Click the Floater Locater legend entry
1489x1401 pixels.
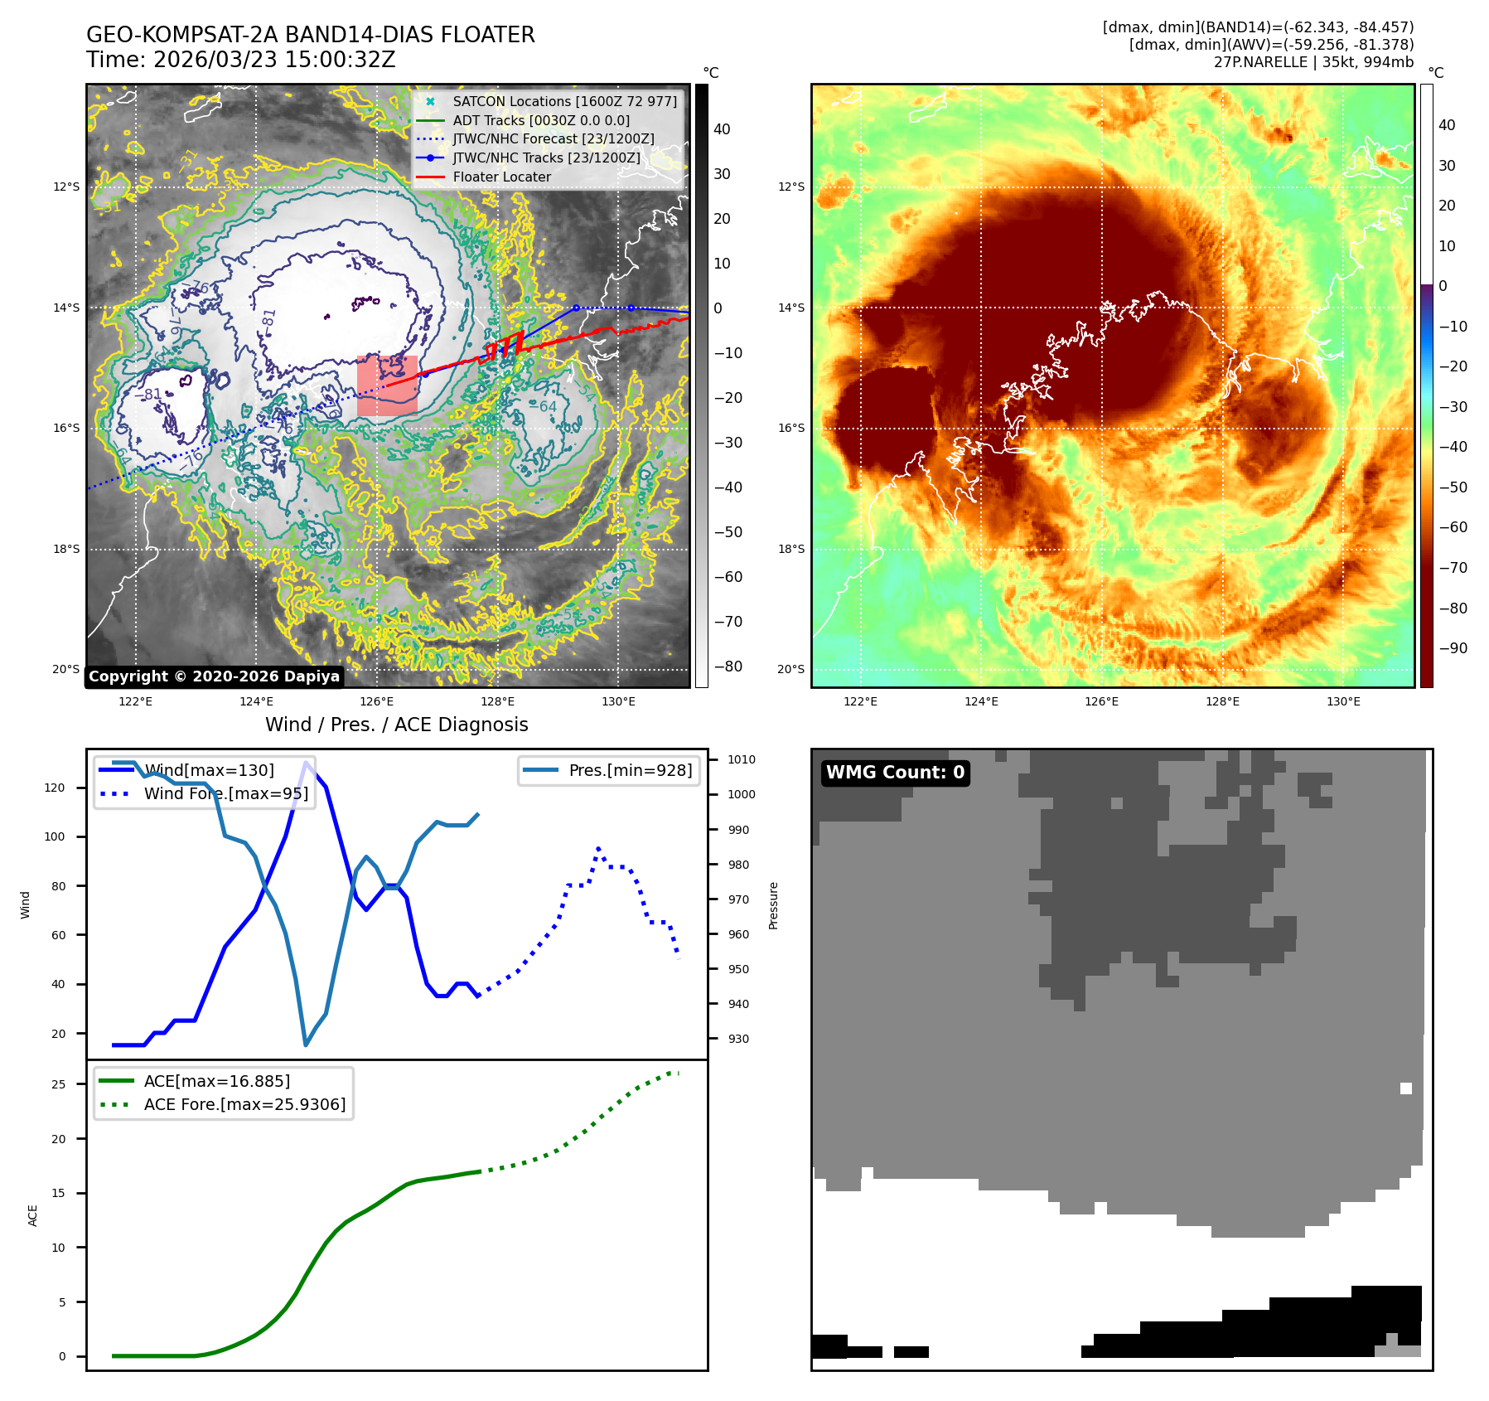pos(501,177)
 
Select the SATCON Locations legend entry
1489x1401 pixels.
pos(564,101)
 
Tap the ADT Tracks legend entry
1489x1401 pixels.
pos(540,120)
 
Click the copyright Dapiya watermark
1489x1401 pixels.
pos(214,676)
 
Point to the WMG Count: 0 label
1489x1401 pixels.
pos(895,773)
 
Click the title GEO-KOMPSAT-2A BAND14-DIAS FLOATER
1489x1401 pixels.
pos(311,35)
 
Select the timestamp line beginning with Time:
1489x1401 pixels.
pos(241,60)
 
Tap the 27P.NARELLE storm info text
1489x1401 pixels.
pos(1313,62)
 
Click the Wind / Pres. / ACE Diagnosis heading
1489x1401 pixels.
pos(396,725)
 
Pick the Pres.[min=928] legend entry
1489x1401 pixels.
pos(630,770)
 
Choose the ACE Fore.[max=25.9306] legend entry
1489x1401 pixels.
pos(244,1104)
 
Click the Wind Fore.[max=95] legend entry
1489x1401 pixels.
pos(225,793)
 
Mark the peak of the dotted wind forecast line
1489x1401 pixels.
pos(598,849)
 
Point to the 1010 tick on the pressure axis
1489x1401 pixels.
pos(742,759)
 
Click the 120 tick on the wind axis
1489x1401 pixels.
pos(55,788)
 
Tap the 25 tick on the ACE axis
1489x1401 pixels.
pos(58,1084)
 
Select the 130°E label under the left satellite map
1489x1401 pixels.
pos(618,701)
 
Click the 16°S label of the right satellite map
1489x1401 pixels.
pos(790,428)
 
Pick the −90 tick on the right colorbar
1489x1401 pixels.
pos(1453,648)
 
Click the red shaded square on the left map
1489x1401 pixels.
pos(387,386)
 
